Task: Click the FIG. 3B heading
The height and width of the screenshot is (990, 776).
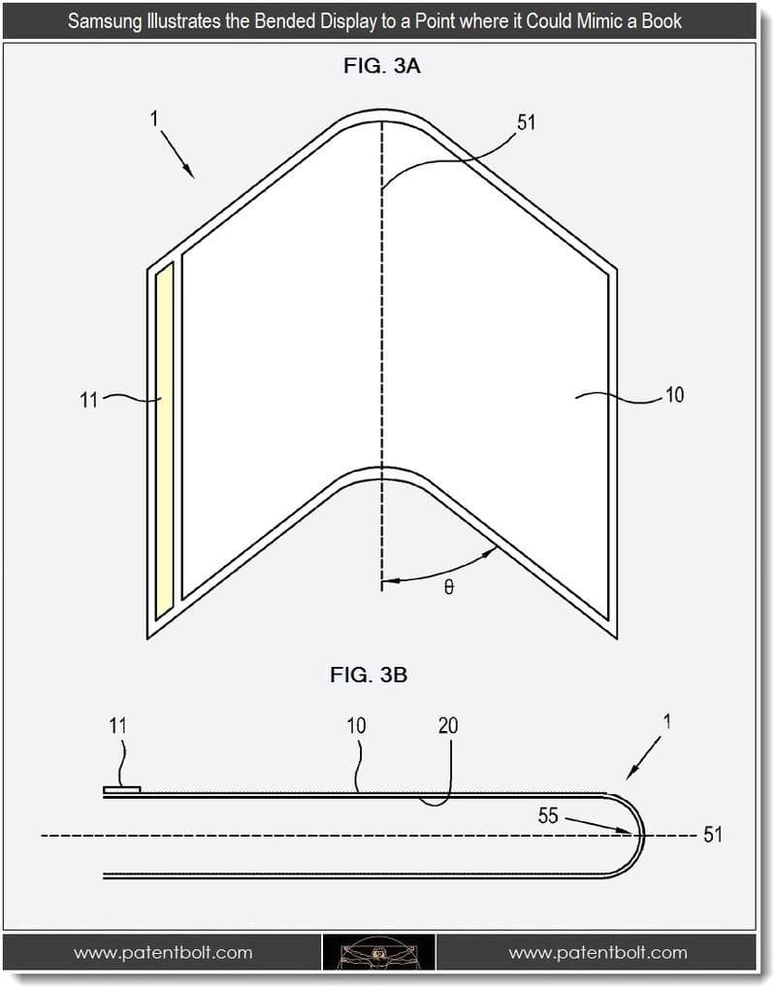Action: pyautogui.click(x=368, y=676)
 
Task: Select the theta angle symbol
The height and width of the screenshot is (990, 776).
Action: pyautogui.click(x=448, y=587)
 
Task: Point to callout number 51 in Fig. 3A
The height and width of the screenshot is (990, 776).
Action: pyautogui.click(x=526, y=122)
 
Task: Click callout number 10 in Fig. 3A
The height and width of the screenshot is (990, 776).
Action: pyautogui.click(x=673, y=395)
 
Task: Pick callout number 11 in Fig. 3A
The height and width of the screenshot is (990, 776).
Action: pyautogui.click(x=89, y=399)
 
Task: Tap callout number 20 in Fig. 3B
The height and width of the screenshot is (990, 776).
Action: pyautogui.click(x=447, y=725)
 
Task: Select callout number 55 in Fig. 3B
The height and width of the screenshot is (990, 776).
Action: pyautogui.click(x=548, y=815)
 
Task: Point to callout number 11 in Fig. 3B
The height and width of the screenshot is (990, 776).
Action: pyautogui.click(x=117, y=725)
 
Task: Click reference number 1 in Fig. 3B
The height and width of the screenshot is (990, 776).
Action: pyautogui.click(x=666, y=721)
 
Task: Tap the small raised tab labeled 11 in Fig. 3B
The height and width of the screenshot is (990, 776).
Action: pyautogui.click(x=122, y=789)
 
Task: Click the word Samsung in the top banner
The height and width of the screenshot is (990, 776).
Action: pyautogui.click(x=104, y=20)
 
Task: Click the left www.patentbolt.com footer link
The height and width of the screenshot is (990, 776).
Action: pyautogui.click(x=163, y=952)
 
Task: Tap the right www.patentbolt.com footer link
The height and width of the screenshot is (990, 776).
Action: pyautogui.click(x=598, y=952)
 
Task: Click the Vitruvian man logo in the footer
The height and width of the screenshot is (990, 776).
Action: pyautogui.click(x=378, y=952)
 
